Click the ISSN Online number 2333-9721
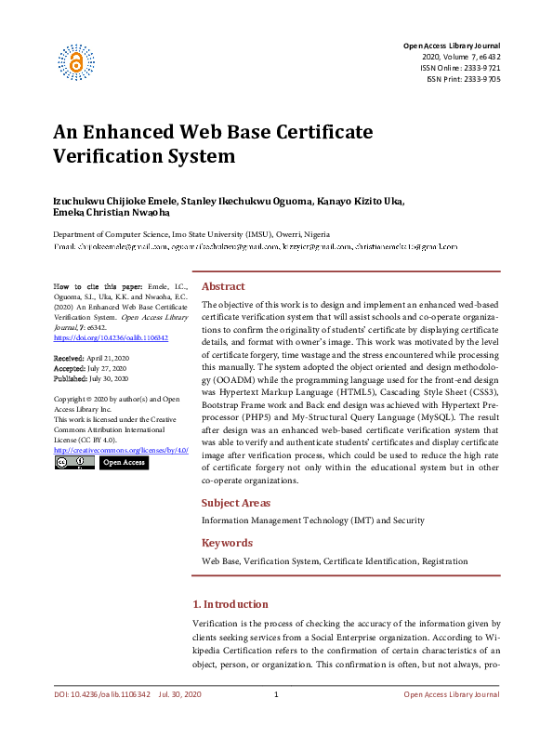point(480,69)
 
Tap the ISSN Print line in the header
point(463,80)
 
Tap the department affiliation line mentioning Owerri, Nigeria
point(191,235)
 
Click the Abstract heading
point(223,286)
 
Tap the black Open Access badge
point(124,462)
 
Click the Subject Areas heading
point(236,502)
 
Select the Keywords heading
point(227,543)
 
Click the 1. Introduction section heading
point(230,604)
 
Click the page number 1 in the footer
point(277,695)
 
